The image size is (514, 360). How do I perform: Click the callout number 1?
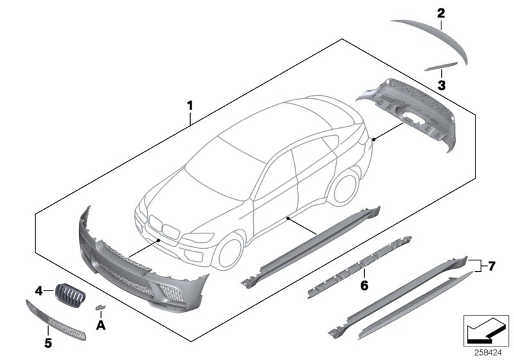tap(189, 104)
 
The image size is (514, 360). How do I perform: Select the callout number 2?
tap(441, 12)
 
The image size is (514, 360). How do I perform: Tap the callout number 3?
tap(441, 84)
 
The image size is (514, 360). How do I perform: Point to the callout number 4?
tap(39, 291)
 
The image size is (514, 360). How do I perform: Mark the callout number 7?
tap(492, 265)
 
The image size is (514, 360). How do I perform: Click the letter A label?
tap(100, 325)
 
